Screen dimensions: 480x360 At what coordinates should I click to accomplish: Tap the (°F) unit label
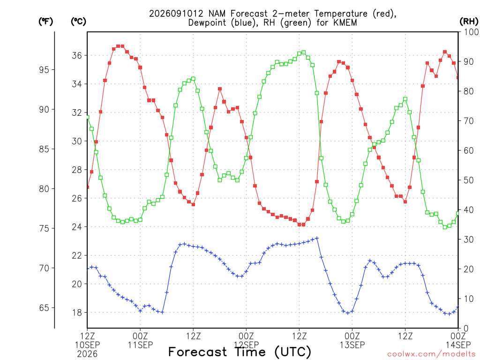[45, 22]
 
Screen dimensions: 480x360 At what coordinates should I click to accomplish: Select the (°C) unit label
[78, 22]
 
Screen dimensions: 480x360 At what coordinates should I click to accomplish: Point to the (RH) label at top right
[468, 22]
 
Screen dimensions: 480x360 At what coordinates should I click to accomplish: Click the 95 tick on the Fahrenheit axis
[44, 70]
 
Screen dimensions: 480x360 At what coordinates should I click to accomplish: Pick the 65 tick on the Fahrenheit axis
[44, 307]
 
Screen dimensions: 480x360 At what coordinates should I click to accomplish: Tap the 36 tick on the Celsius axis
[77, 55]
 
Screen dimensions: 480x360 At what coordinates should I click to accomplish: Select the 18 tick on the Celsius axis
[77, 313]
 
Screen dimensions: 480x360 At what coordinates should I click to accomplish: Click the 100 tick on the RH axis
[471, 32]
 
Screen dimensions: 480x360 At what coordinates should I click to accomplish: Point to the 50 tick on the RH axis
[469, 180]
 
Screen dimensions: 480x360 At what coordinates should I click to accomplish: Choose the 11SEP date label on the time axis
[140, 345]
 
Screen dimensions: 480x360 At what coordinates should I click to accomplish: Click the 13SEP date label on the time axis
[352, 345]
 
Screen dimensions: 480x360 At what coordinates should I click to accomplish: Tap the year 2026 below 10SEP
[87, 354]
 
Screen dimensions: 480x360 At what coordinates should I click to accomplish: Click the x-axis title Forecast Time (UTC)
[240, 352]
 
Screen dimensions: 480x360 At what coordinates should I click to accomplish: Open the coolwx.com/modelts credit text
[432, 354]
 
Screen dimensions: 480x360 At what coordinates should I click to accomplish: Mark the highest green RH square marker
[304, 52]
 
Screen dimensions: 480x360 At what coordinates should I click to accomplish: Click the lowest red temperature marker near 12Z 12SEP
[301, 225]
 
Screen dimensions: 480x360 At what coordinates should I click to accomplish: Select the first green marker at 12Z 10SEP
[88, 117]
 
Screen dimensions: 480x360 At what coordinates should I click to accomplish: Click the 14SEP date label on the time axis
[458, 345]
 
